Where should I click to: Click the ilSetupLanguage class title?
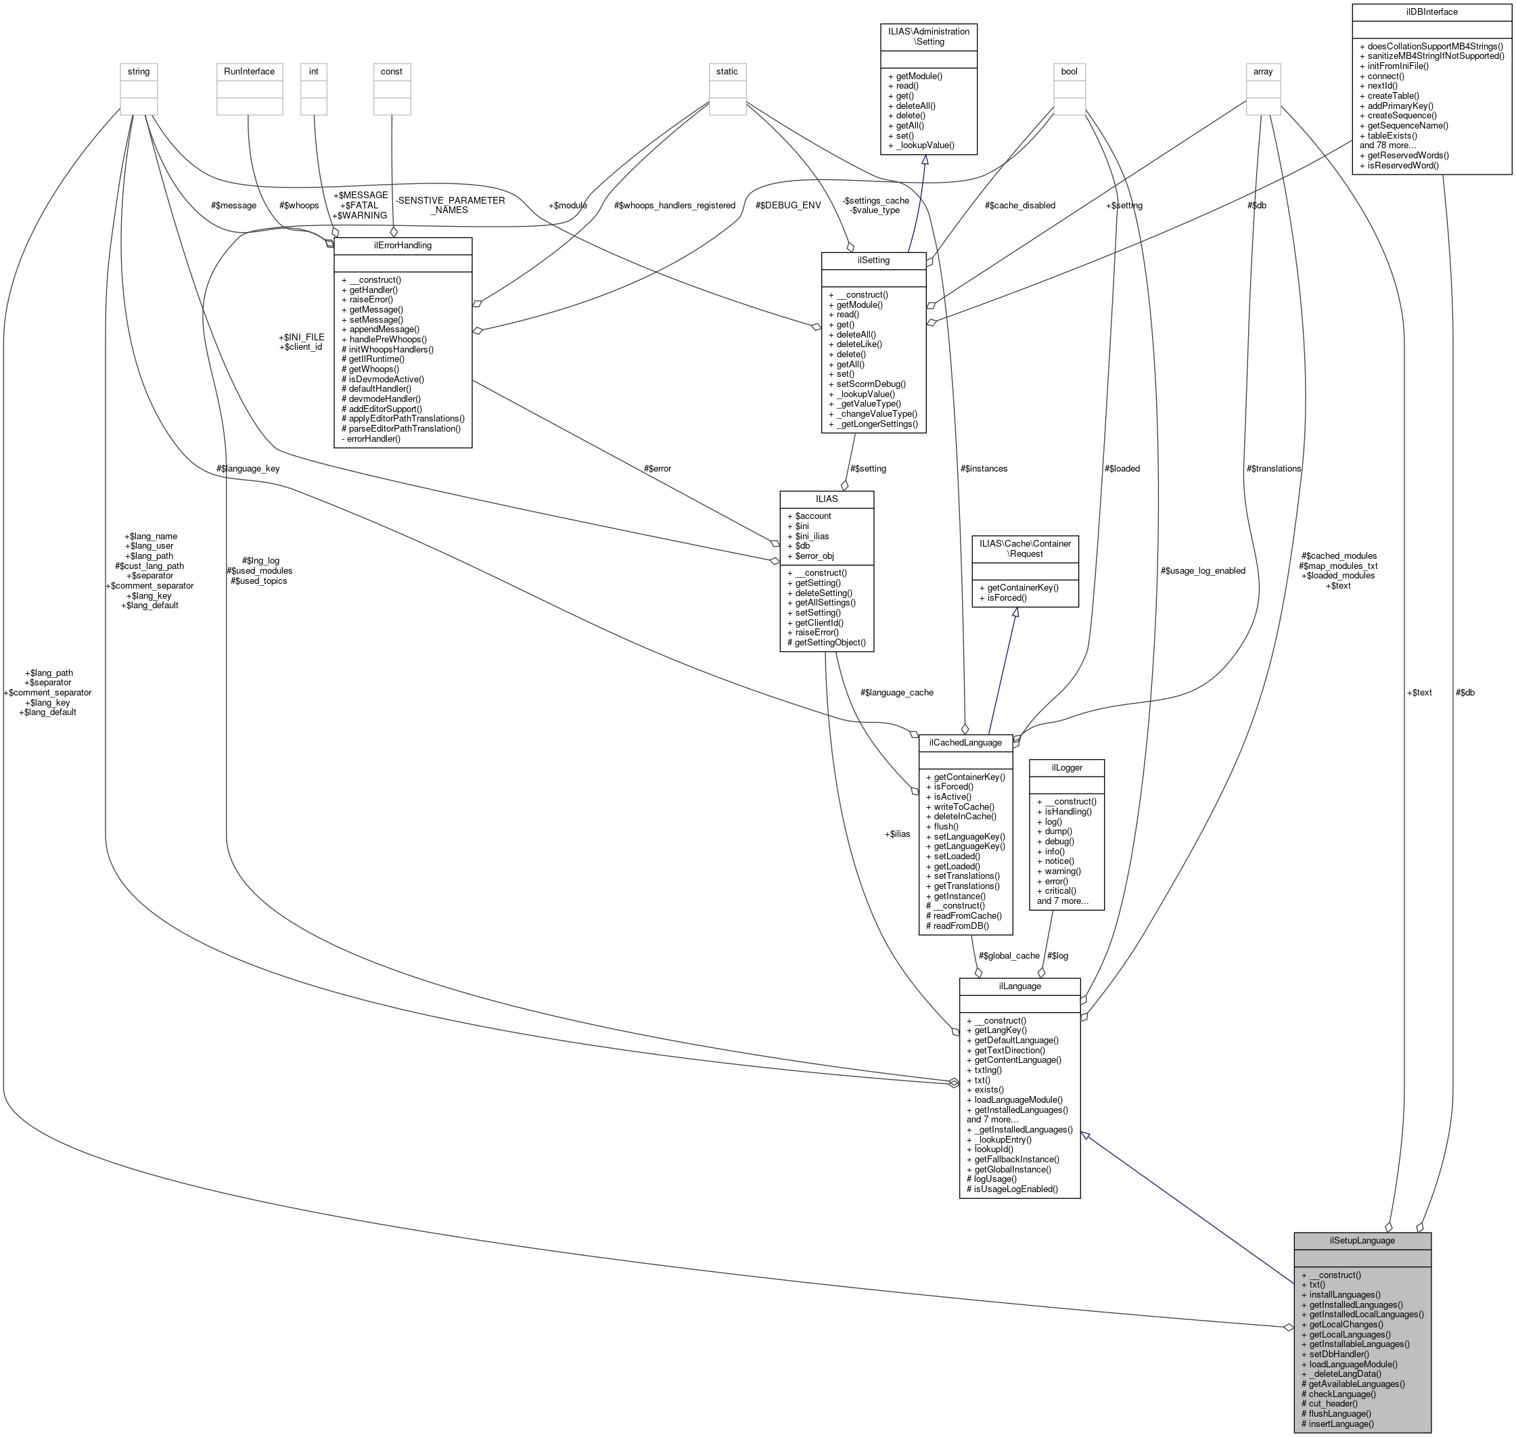click(1361, 1240)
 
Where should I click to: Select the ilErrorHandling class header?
click(403, 245)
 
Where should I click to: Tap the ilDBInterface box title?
click(1431, 12)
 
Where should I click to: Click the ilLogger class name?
click(1066, 767)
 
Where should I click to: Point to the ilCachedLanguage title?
click(965, 742)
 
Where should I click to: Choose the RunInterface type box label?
click(249, 71)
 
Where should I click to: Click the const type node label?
click(392, 71)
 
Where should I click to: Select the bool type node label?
click(1069, 71)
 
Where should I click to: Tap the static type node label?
click(727, 71)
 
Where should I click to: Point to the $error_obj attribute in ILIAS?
click(814, 556)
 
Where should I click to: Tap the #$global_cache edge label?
click(1009, 955)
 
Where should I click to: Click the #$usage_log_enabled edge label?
click(1203, 570)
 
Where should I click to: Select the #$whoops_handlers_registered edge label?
click(674, 205)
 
